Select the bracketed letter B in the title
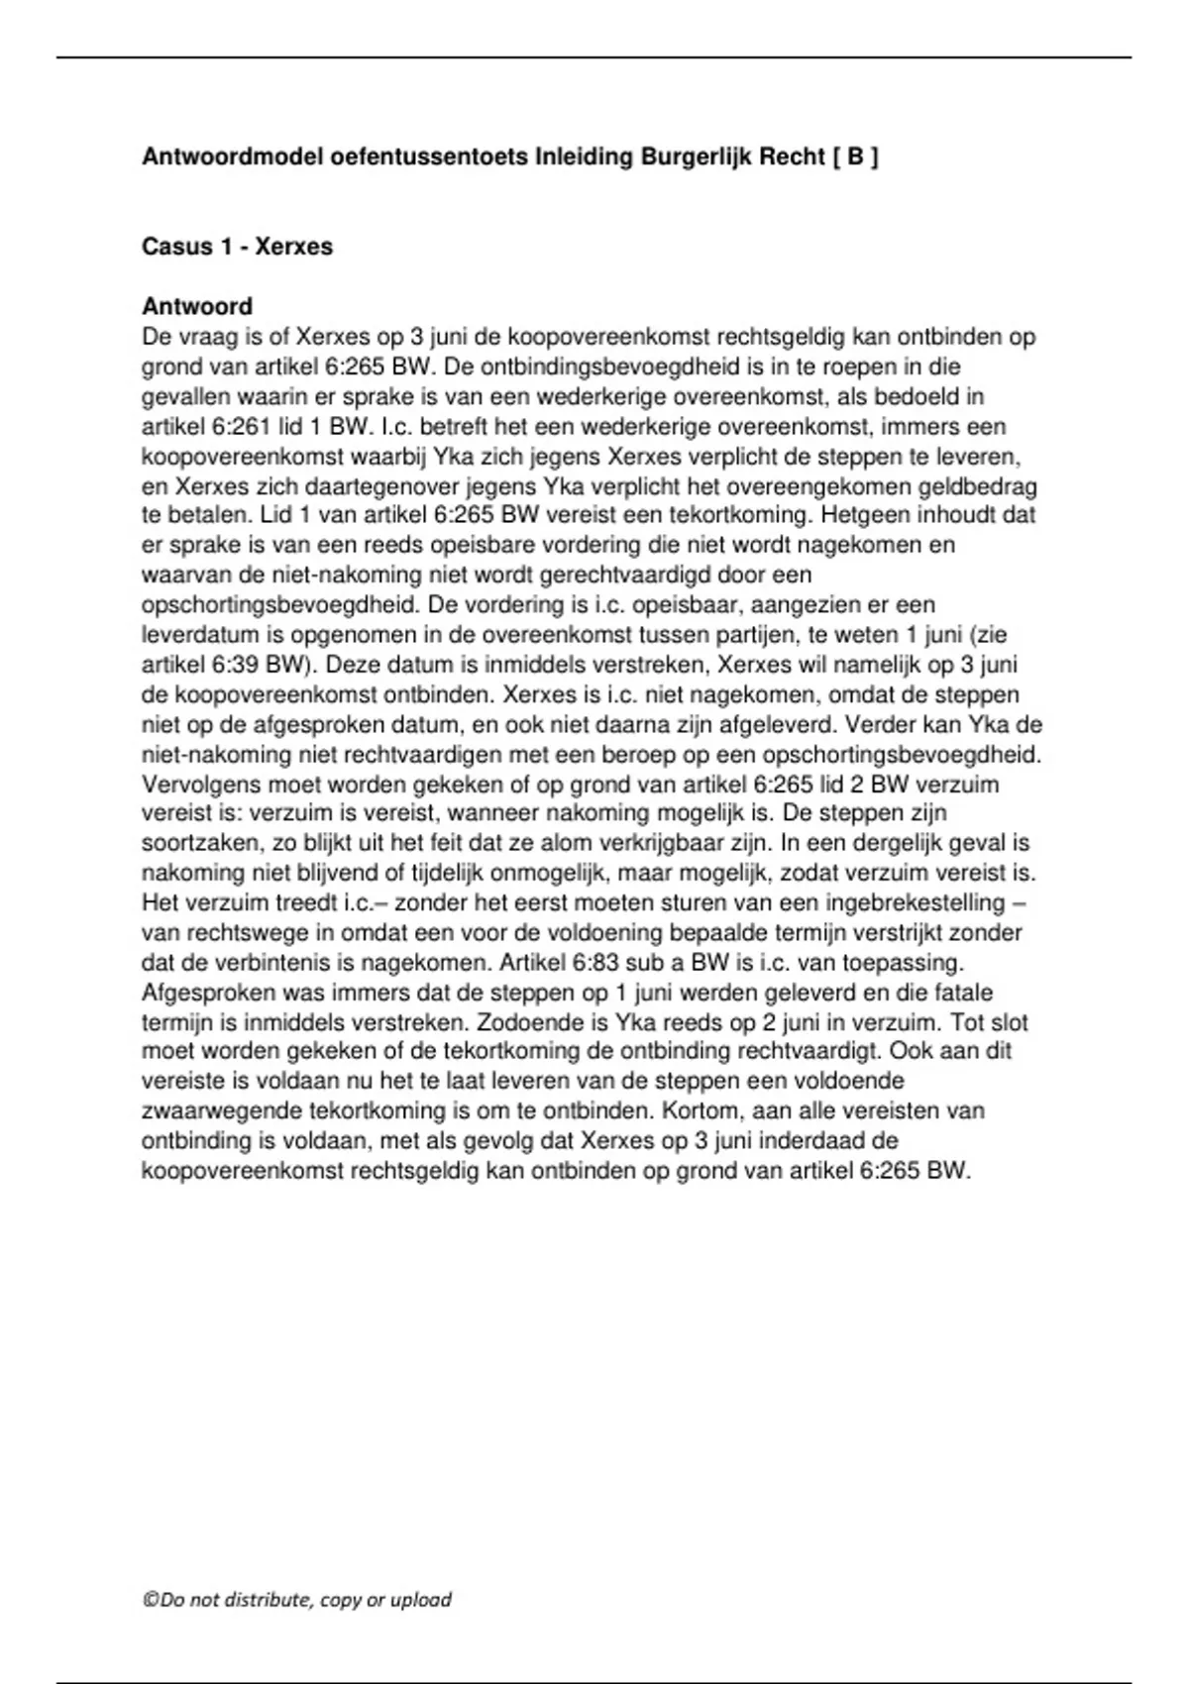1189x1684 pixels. pyautogui.click(x=854, y=157)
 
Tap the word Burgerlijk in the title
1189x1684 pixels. pyautogui.click(x=698, y=157)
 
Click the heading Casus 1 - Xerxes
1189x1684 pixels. pyautogui.click(x=237, y=247)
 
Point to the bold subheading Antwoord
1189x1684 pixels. pyautogui.click(x=197, y=306)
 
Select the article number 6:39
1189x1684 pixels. pyautogui.click(x=235, y=665)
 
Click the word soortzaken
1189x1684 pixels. pyautogui.click(x=195, y=843)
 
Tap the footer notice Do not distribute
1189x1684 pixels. pyautogui.click(x=297, y=1599)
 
